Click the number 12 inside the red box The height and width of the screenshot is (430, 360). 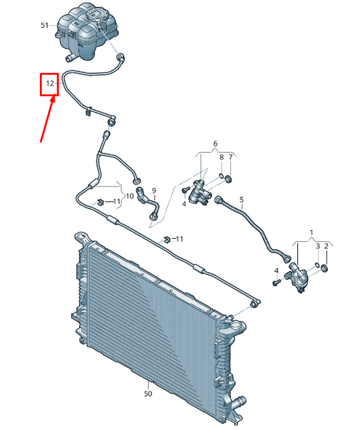pos(50,83)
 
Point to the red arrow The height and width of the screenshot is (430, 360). pos(48,118)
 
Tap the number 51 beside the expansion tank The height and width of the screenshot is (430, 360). pos(45,26)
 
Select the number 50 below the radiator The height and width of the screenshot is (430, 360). pos(148,393)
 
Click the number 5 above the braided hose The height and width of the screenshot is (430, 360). pos(241,199)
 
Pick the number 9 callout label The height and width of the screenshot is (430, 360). pos(154,190)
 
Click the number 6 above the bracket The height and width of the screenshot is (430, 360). pos(215,143)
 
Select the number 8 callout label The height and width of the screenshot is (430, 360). pos(222,157)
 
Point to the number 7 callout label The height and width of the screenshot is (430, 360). pos(230,157)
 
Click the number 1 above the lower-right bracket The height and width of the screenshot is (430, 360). pos(311,233)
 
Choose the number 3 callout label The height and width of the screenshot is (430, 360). pos(318,246)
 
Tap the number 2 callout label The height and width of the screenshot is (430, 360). pos(326,246)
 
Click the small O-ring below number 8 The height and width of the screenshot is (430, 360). pos(221,176)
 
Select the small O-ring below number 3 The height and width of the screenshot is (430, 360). pos(317,265)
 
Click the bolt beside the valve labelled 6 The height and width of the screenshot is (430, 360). pos(186,189)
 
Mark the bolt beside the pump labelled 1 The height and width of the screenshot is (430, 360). pos(276,282)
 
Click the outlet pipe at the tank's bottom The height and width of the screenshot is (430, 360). pos(71,57)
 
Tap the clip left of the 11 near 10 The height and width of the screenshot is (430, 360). pos(100,202)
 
